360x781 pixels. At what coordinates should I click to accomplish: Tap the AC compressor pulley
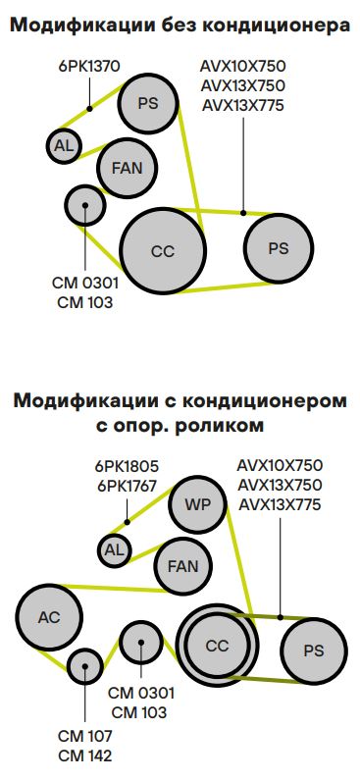tap(48, 617)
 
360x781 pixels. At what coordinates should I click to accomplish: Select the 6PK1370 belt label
tap(88, 66)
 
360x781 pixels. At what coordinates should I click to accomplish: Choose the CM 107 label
tap(85, 736)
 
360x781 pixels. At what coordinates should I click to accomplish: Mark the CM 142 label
tap(85, 755)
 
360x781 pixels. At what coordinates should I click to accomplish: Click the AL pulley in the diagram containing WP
tap(114, 549)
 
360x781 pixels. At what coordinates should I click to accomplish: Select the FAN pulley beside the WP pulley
tap(183, 566)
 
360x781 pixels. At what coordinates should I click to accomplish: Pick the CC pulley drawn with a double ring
tap(217, 645)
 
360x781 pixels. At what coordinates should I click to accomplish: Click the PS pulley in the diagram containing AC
tap(313, 651)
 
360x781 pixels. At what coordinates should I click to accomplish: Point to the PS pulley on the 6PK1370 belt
tap(147, 104)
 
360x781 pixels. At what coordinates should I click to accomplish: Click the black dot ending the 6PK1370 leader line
tap(89, 109)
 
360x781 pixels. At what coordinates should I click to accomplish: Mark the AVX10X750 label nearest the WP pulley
tap(279, 465)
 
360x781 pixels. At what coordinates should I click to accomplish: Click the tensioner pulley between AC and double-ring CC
tap(141, 644)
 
